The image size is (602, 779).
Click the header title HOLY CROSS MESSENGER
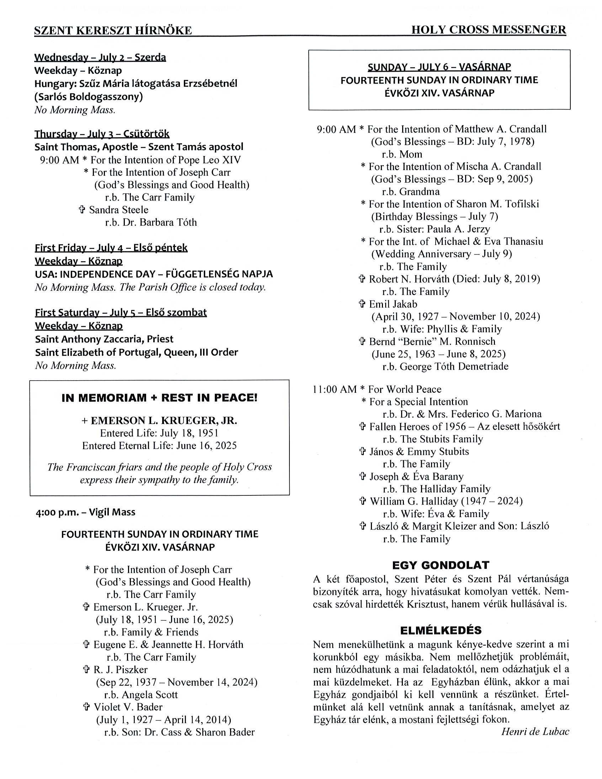pyautogui.click(x=488, y=29)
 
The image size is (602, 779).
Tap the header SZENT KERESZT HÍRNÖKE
pyautogui.click(x=113, y=31)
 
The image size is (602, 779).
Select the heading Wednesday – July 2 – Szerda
pyautogui.click(x=100, y=58)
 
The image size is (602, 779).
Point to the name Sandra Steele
pyautogui.click(x=118, y=210)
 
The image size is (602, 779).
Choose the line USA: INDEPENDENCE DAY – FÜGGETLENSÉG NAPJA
pyautogui.click(x=154, y=274)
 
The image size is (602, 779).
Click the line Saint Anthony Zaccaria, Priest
pyautogui.click(x=104, y=339)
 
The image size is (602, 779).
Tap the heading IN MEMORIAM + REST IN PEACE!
pyautogui.click(x=159, y=398)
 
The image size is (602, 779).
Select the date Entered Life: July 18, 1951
pyautogui.click(x=159, y=433)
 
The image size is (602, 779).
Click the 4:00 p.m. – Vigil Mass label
pyautogui.click(x=85, y=512)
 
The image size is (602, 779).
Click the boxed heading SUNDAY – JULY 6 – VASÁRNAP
pyautogui.click(x=439, y=67)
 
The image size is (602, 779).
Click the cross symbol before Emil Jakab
pyautogui.click(x=362, y=304)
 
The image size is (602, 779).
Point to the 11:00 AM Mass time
pyautogui.click(x=334, y=389)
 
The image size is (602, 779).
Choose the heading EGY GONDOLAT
pyautogui.click(x=440, y=565)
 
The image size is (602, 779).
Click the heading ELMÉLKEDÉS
pyautogui.click(x=440, y=630)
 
